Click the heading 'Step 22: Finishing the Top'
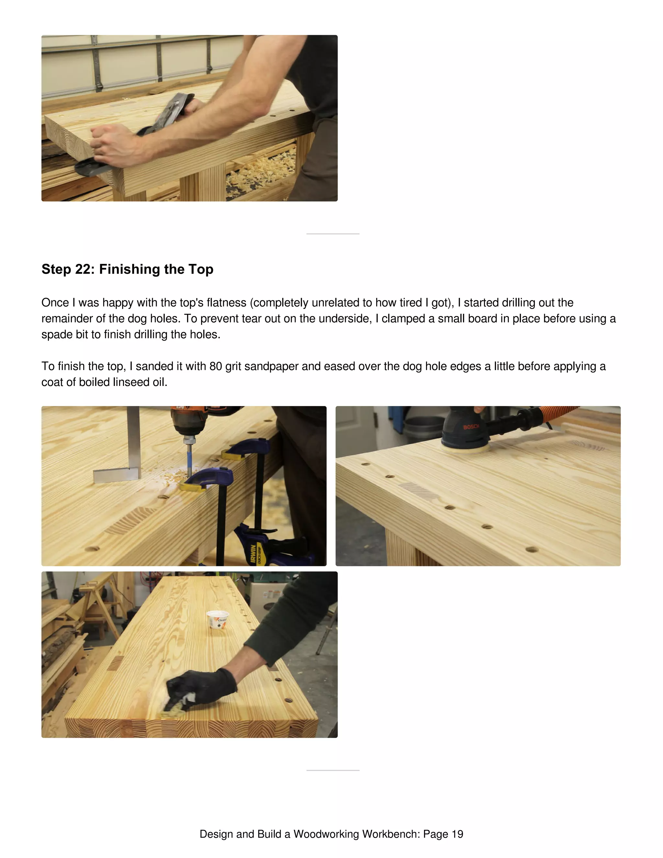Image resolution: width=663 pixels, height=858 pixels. click(x=127, y=269)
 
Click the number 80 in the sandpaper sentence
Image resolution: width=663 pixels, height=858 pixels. click(x=216, y=366)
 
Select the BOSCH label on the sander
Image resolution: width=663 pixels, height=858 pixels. click(x=471, y=427)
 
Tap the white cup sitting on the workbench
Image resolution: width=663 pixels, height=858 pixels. click(x=218, y=619)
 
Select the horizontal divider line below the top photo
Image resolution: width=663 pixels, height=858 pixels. click(x=333, y=234)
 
